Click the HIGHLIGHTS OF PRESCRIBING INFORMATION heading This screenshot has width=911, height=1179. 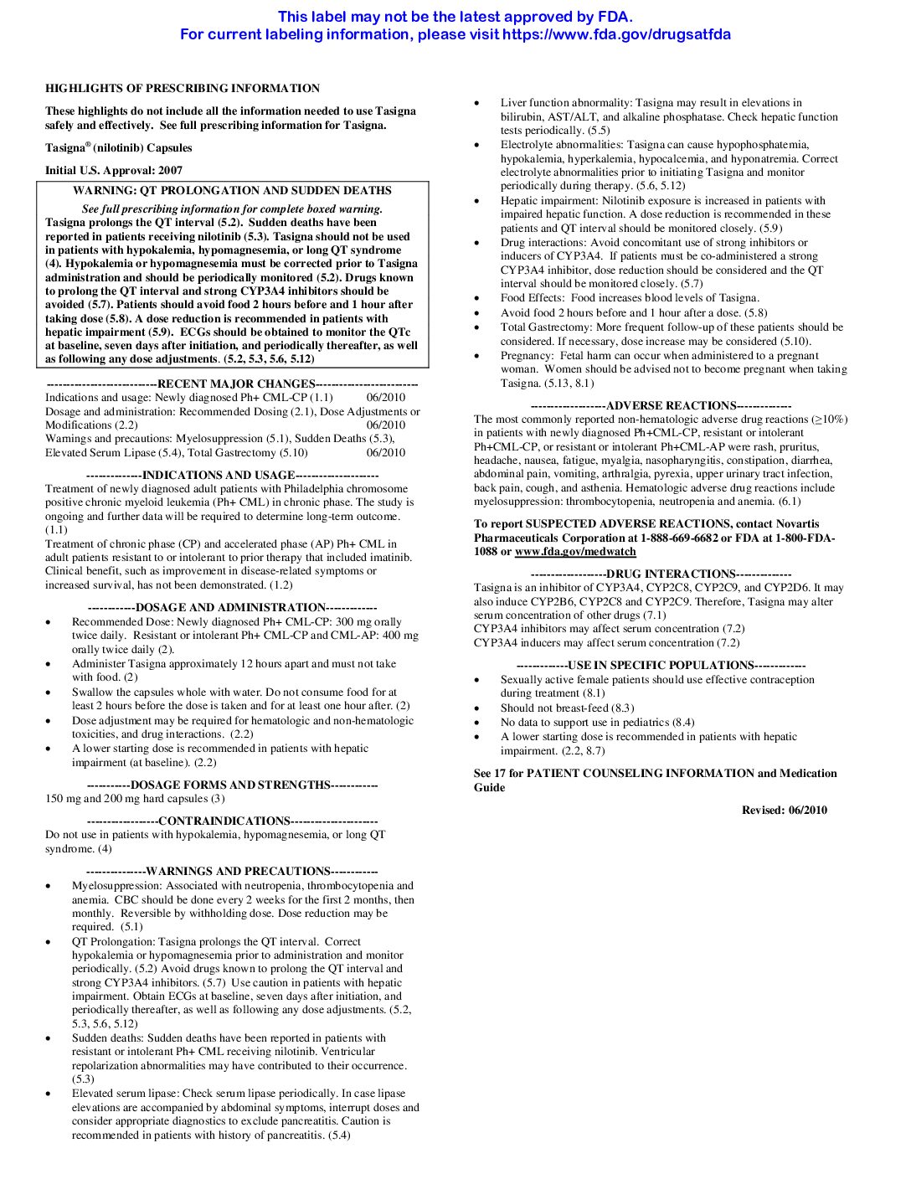tap(183, 88)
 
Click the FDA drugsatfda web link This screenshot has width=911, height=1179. tap(616, 34)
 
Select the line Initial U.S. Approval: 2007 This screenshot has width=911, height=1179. tap(114, 170)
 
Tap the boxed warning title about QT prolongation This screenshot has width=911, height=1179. tap(232, 190)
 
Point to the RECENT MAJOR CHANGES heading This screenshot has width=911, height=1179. tap(236, 384)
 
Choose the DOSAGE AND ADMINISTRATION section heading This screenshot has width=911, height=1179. tap(230, 607)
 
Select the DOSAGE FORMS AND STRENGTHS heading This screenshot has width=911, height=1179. tap(230, 785)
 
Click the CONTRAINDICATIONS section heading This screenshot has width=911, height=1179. tap(224, 821)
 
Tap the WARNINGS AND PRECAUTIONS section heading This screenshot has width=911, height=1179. tap(238, 871)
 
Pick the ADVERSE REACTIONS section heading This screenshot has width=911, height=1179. tap(671, 405)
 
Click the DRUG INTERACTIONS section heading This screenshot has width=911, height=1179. tap(670, 574)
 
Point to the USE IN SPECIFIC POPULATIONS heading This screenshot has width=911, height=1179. tap(661, 665)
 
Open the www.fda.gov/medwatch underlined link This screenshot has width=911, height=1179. tap(575, 552)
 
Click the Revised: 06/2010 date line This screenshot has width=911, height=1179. tap(784, 810)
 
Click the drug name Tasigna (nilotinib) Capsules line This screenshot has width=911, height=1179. tap(119, 147)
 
